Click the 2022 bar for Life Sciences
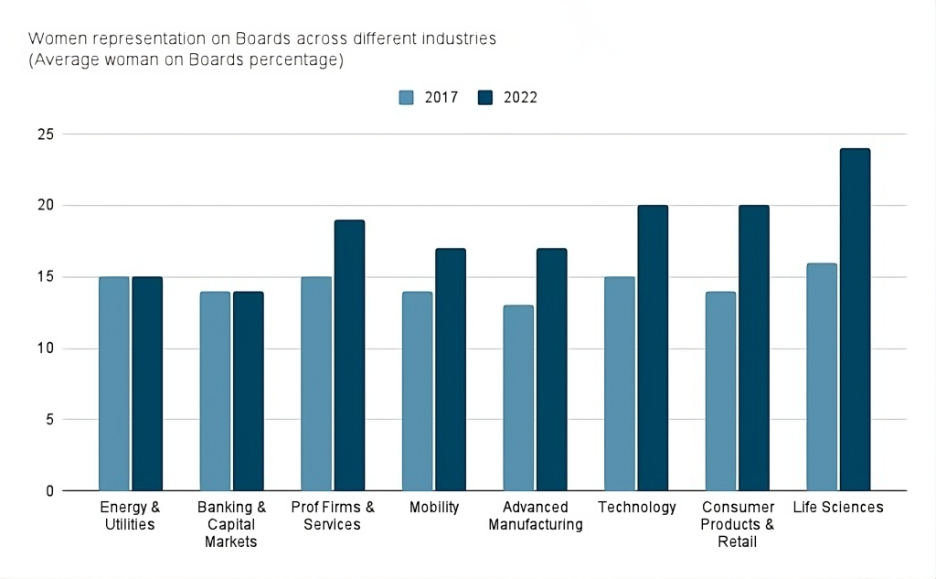click(x=855, y=320)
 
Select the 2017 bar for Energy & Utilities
click(x=114, y=384)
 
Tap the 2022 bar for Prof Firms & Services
click(x=349, y=356)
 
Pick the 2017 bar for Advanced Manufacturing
click(x=518, y=398)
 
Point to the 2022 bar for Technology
click(x=653, y=348)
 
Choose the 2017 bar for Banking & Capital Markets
click(x=215, y=391)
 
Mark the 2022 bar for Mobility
click(x=451, y=370)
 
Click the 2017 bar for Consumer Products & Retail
click(x=720, y=391)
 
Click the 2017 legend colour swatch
click(x=407, y=98)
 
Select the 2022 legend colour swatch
click(x=486, y=98)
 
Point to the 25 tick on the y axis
click(x=46, y=134)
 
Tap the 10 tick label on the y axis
click(x=46, y=348)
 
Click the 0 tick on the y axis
click(x=50, y=491)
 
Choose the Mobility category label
click(x=433, y=508)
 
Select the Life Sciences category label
click(x=838, y=508)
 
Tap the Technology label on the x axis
click(x=636, y=508)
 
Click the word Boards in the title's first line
click(x=262, y=39)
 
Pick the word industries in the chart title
click(x=464, y=39)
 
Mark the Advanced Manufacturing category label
click(x=535, y=516)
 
